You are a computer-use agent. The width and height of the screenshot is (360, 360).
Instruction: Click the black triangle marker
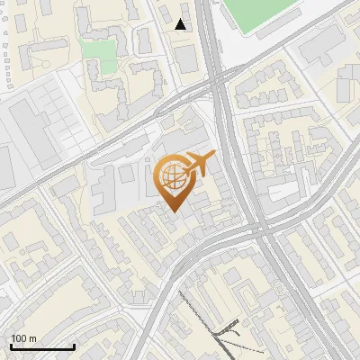(x=181, y=24)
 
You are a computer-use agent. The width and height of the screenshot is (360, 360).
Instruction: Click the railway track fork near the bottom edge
(x=222, y=337)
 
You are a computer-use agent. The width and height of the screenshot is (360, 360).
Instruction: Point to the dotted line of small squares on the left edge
(x=6, y=54)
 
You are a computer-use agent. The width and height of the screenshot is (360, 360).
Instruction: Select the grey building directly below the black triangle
(x=186, y=58)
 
